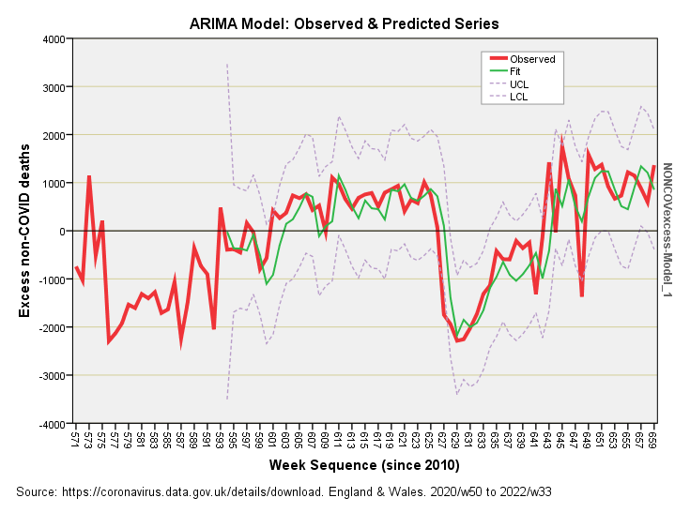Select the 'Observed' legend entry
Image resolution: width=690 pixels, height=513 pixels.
coord(532,59)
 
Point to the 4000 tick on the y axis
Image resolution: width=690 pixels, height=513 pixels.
coord(52,39)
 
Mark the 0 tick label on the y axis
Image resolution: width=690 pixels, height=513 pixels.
coord(61,232)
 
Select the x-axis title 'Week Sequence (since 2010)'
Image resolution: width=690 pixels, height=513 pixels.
coord(364,465)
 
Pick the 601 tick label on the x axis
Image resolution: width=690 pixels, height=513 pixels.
coord(273,439)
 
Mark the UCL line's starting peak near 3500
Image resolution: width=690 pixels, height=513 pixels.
coord(227,64)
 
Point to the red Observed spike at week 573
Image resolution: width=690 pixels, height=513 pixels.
coord(89,176)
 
